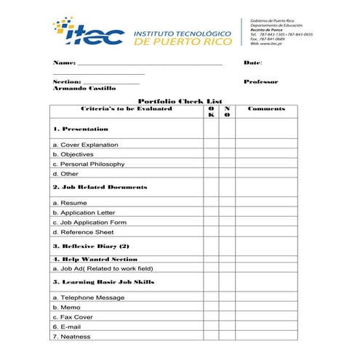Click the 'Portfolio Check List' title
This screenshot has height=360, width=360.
(180, 101)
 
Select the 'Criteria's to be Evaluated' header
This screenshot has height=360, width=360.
(127, 108)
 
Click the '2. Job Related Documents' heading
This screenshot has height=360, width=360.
(100, 187)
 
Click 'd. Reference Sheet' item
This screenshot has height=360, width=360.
(83, 232)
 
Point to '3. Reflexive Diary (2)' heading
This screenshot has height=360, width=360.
(91, 247)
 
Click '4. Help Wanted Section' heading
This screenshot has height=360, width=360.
(95, 259)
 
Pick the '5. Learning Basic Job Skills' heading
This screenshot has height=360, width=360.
(103, 281)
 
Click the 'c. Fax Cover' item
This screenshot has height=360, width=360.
(73, 317)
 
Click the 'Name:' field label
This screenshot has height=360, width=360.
(64, 63)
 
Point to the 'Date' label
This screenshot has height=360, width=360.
(252, 63)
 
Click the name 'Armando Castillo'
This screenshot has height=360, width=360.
(84, 88)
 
